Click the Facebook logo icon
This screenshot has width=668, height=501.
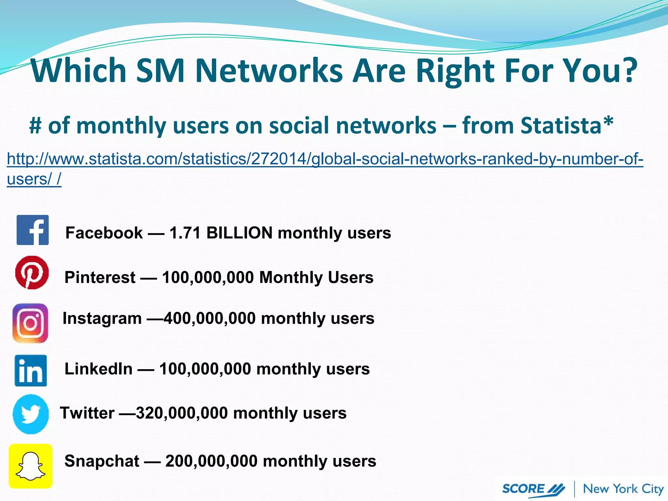coord(33,230)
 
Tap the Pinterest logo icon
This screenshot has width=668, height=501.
coord(32,272)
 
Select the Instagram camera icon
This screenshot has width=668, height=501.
coord(30,323)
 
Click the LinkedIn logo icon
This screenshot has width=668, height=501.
coord(31,371)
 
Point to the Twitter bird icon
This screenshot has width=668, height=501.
coord(31,414)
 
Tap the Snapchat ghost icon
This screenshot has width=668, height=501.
coord(31,466)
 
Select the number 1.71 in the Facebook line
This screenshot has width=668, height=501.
coord(185,233)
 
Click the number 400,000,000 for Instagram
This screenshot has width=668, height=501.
coord(210,318)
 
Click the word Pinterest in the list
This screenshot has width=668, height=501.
coord(100,277)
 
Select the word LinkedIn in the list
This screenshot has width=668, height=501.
coord(99,369)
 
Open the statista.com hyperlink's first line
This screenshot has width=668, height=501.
coord(325,159)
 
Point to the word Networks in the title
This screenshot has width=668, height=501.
coord(269,71)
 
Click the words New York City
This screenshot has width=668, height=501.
coord(623,489)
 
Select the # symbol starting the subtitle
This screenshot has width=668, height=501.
coord(35,126)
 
